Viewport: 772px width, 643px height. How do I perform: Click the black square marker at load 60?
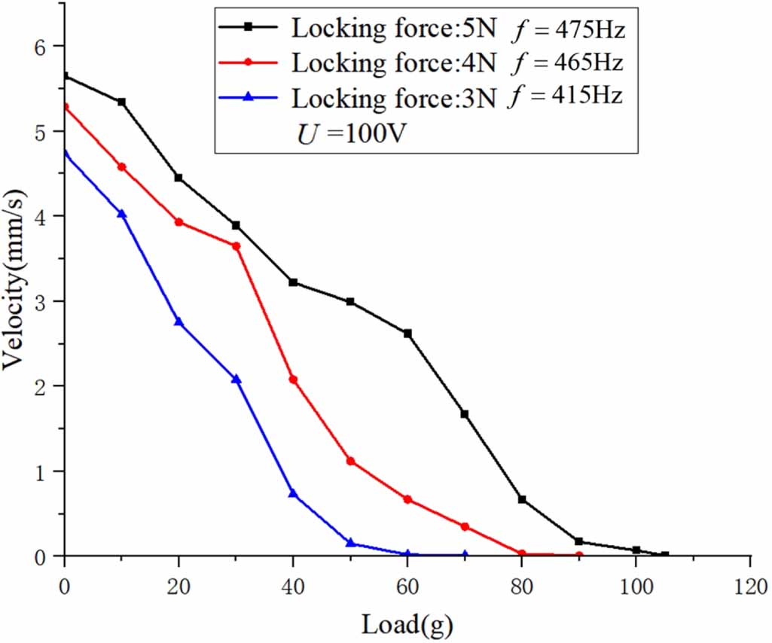pos(407,334)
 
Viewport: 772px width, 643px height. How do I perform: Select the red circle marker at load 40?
pos(293,379)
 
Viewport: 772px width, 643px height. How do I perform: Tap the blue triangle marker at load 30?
pos(236,379)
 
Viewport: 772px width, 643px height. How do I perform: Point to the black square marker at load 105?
pos(664,555)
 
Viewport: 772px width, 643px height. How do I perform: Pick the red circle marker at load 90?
pos(578,556)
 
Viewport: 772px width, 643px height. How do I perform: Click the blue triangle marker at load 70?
pos(465,555)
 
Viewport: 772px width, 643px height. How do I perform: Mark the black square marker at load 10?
pos(121,102)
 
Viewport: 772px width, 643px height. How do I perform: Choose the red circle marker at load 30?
pos(236,246)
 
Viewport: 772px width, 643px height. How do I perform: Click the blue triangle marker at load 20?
pos(179,321)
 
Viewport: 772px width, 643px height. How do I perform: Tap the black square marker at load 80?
pos(522,499)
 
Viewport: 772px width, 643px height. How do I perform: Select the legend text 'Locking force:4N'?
pos(394,62)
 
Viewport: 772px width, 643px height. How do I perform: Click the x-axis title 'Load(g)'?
pos(407,623)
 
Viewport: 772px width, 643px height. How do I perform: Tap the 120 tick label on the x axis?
pos(750,585)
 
